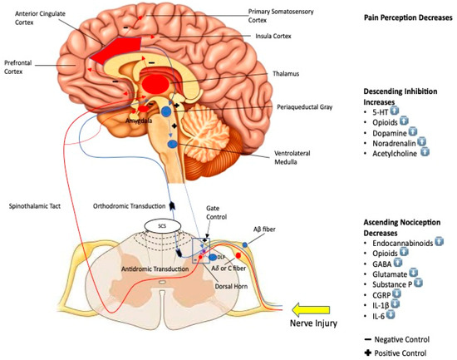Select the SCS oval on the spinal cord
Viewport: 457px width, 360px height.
point(155,224)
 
